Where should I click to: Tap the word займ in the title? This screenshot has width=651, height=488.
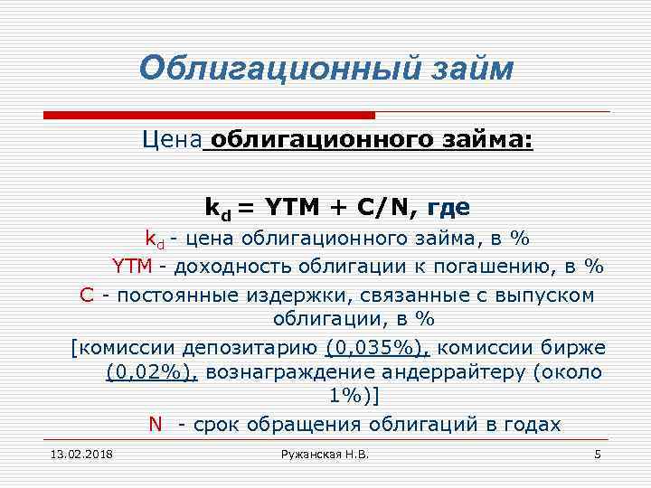click(467, 69)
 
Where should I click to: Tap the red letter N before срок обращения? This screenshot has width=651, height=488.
click(156, 425)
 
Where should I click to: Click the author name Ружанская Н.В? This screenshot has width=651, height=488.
click(325, 453)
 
